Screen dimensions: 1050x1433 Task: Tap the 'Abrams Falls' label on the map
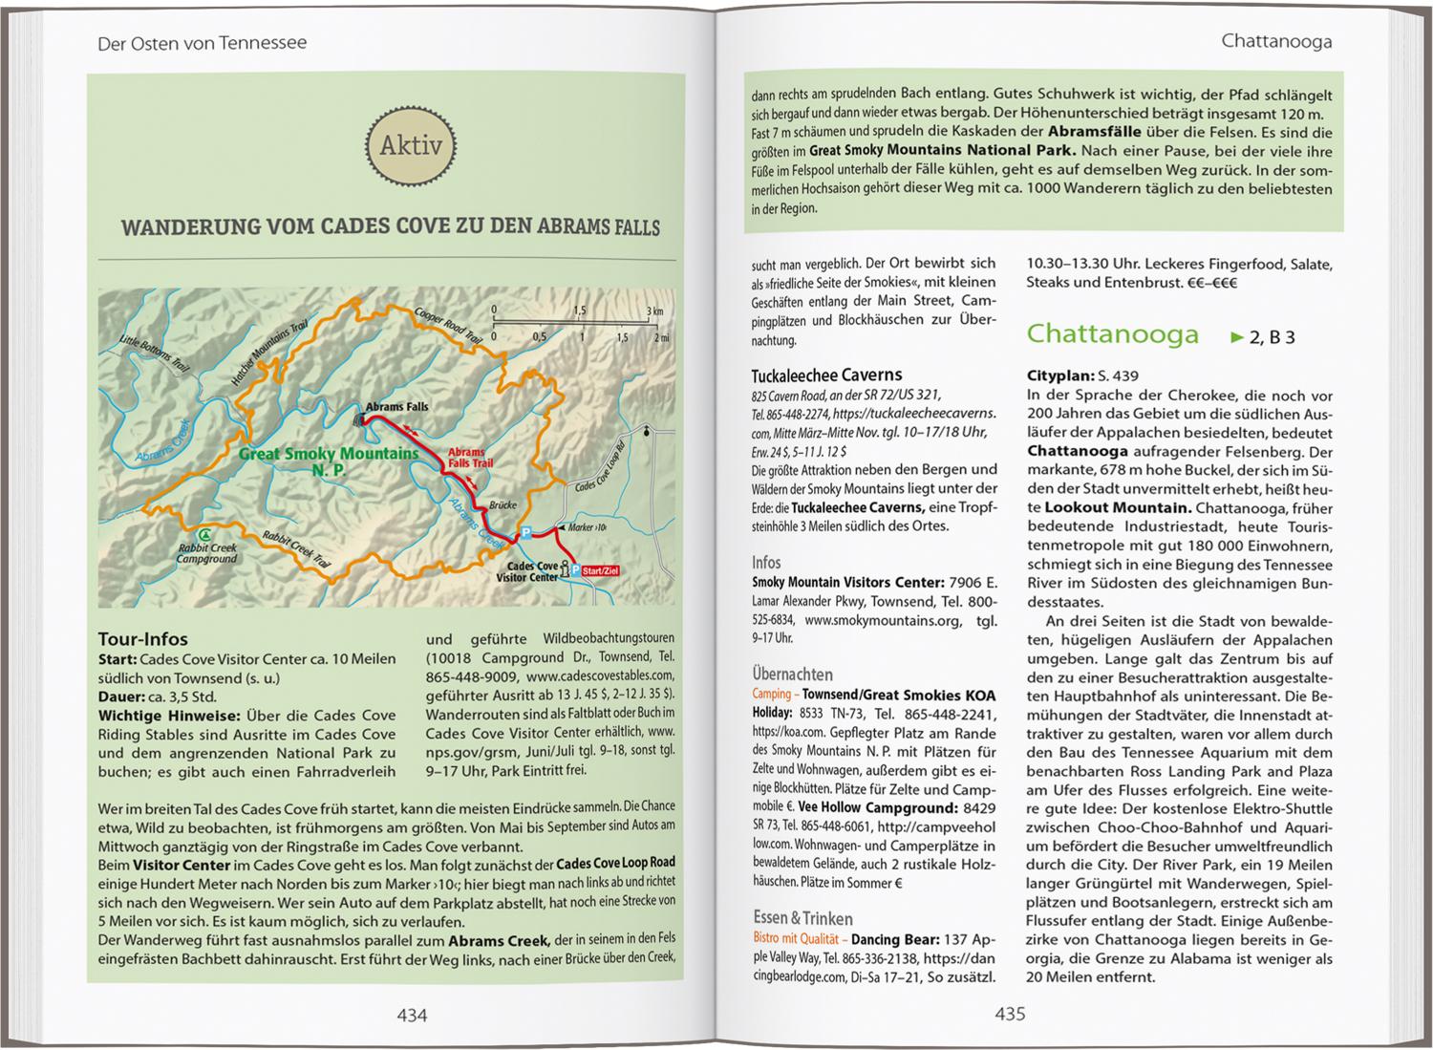point(396,406)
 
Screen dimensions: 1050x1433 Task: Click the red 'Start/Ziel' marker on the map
point(600,570)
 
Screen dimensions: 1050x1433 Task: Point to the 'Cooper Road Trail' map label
point(447,324)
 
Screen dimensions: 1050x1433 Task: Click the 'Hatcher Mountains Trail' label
point(259,352)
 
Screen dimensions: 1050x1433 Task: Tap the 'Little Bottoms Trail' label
point(154,353)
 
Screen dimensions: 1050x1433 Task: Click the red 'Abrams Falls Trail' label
point(470,458)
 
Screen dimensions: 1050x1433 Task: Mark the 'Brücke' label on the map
point(503,504)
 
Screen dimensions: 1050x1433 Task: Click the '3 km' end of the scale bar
point(654,311)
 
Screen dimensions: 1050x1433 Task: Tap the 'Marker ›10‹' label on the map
point(587,527)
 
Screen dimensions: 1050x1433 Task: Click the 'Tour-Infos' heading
point(143,639)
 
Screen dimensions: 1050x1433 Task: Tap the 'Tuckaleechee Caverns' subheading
point(826,375)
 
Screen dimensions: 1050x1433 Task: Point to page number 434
point(412,1015)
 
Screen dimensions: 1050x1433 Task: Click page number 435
point(1010,1014)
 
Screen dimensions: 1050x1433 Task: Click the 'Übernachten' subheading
point(792,674)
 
